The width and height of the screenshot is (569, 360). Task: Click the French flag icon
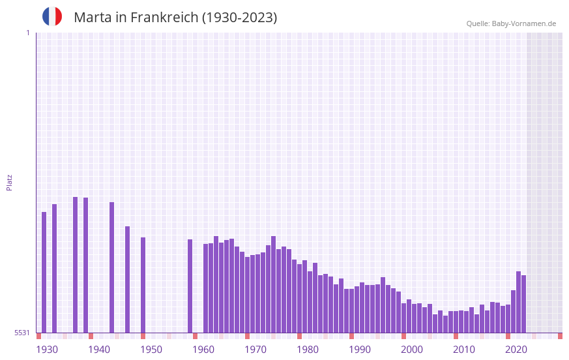pos(52,16)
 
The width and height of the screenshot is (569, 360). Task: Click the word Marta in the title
pos(93,18)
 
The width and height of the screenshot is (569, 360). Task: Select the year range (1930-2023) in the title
pos(239,18)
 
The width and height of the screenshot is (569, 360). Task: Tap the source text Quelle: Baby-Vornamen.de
pos(511,23)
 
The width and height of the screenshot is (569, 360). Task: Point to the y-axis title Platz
pos(9,182)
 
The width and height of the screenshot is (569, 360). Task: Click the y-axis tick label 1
pos(27,33)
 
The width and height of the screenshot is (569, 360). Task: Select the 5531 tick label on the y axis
pos(22,333)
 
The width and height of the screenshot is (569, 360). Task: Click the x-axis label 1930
pos(47,350)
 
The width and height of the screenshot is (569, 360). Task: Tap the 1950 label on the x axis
pos(151,350)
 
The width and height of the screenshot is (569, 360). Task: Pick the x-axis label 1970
pos(255,350)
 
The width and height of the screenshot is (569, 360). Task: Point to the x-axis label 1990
pos(360,350)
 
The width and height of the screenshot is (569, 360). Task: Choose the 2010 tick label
pos(464,350)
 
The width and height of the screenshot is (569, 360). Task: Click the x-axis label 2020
pos(516,350)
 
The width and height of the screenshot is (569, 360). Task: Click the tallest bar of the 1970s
pos(273,284)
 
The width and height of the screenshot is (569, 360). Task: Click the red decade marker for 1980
pos(299,336)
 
